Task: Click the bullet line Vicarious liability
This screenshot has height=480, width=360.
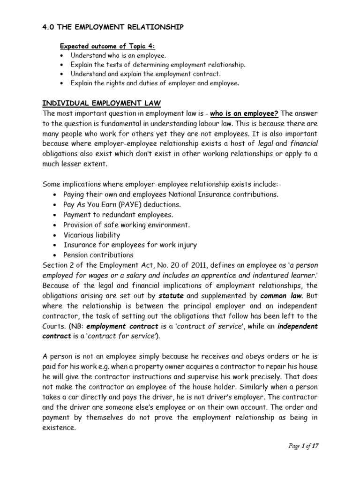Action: (91, 235)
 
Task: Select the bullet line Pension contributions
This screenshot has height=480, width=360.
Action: (98, 255)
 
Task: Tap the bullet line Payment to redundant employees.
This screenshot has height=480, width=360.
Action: (112, 215)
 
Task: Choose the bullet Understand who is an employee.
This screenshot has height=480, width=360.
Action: (112, 56)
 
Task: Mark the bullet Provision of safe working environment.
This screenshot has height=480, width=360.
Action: (127, 225)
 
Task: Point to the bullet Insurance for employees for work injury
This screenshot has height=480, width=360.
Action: (130, 245)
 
